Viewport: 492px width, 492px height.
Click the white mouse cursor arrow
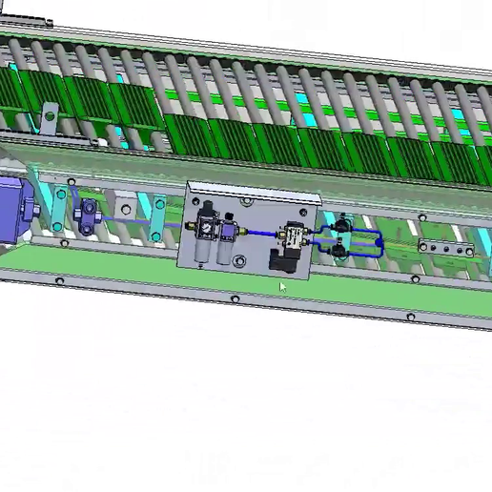pyautogui.click(x=282, y=287)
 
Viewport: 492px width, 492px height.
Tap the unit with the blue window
pyautogui.click(x=227, y=230)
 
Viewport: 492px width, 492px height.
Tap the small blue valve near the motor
pyautogui.click(x=89, y=212)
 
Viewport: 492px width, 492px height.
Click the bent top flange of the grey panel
pyautogui.click(x=254, y=191)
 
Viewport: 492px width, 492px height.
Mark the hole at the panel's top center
pyautogui.click(x=250, y=202)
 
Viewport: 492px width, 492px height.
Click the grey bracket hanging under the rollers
pyautogui.click(x=47, y=122)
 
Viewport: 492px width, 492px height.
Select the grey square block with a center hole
pyautogui.click(x=124, y=207)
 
